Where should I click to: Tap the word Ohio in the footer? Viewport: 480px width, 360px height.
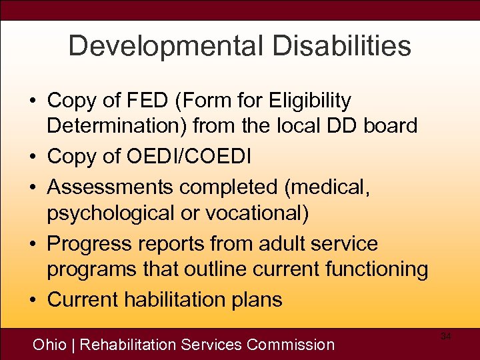(x=49, y=345)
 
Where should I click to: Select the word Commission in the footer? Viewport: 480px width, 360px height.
(x=291, y=345)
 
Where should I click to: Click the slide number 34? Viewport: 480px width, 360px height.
(x=446, y=337)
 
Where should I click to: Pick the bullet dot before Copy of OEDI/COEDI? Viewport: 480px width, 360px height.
(x=31, y=157)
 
